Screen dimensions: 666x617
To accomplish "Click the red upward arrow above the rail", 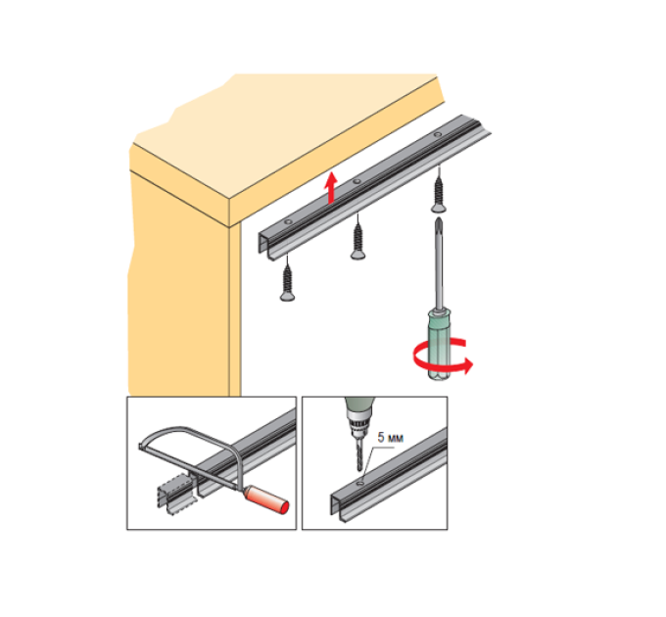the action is point(331,188).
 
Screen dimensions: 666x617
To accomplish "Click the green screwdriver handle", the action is point(439,345).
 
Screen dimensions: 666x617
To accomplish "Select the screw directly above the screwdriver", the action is point(439,192).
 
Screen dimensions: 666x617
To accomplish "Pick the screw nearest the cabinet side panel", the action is point(288,279).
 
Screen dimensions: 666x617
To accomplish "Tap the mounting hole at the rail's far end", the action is point(437,135).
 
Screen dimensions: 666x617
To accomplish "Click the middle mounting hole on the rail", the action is point(357,181).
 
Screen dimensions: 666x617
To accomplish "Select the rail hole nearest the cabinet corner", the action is point(288,221).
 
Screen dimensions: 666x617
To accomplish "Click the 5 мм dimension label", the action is point(391,437).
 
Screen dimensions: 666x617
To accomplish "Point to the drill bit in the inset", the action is point(359,455).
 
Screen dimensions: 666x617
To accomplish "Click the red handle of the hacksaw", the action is point(267,499).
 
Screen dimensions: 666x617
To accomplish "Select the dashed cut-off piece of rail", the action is point(175,494).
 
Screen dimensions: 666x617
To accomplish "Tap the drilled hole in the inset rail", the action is point(360,483).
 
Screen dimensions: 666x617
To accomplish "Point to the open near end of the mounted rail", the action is point(265,243).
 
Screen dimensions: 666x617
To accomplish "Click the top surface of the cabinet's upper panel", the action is point(285,140).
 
